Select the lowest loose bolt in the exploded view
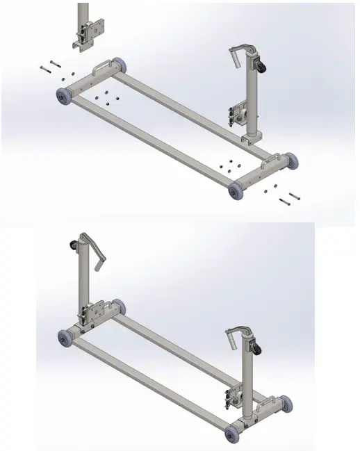coord(284,202)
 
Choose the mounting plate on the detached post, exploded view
coord(91,33)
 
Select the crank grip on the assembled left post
coord(102,266)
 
